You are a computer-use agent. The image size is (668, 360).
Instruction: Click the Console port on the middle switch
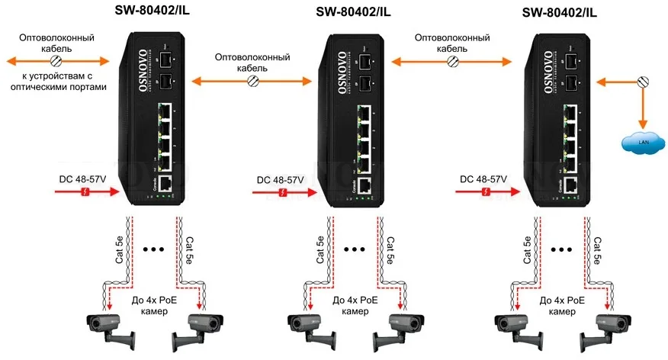tap(365, 186)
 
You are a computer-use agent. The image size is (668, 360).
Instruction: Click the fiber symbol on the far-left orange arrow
tap(56, 60)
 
